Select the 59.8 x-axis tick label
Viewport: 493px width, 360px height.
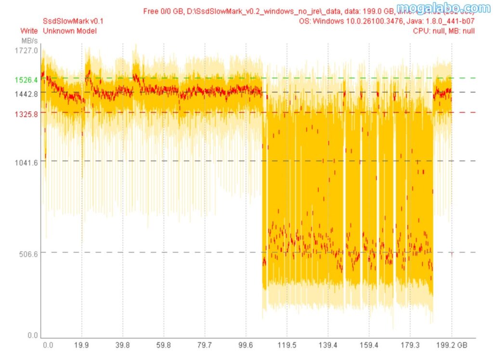(164, 345)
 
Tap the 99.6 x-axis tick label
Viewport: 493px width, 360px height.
(246, 345)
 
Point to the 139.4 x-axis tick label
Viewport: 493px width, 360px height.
(328, 345)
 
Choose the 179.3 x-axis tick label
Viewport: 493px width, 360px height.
(410, 345)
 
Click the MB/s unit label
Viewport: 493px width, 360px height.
(29, 40)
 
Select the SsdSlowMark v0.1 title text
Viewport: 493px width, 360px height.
(73, 21)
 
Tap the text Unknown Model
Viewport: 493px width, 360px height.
(70, 31)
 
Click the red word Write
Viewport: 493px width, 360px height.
(29, 31)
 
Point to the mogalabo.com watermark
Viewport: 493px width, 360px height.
(443, 8)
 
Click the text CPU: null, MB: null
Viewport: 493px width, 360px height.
(444, 31)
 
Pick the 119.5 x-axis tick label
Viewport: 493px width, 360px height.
(286, 345)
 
